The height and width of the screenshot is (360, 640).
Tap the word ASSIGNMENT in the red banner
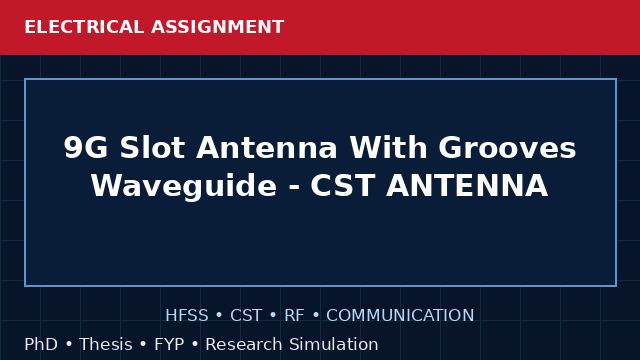tap(218, 27)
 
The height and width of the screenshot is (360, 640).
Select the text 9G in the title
tap(86, 147)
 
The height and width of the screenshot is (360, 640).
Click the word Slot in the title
tap(152, 147)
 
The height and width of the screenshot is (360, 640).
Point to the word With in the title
tap(388, 147)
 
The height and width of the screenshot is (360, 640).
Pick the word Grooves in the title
tap(507, 147)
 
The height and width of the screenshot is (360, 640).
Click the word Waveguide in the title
tap(184, 186)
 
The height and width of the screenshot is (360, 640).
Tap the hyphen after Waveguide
tap(293, 188)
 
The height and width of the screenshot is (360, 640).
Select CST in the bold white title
tap(343, 186)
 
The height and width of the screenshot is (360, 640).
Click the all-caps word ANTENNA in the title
tap(467, 186)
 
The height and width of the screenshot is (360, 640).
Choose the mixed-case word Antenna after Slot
tap(267, 147)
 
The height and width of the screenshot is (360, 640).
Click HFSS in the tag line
tap(187, 315)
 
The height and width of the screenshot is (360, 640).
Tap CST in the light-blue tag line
tap(246, 315)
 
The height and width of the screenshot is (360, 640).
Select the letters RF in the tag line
tap(294, 315)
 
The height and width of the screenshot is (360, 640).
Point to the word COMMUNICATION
tap(400, 315)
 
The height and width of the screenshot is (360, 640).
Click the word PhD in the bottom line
tap(41, 344)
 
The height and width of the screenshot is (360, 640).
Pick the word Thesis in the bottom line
tap(106, 344)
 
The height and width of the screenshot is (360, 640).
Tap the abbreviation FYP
tap(169, 344)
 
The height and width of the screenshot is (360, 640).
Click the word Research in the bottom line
tap(244, 344)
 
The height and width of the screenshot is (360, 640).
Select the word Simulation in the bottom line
tap(334, 344)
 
